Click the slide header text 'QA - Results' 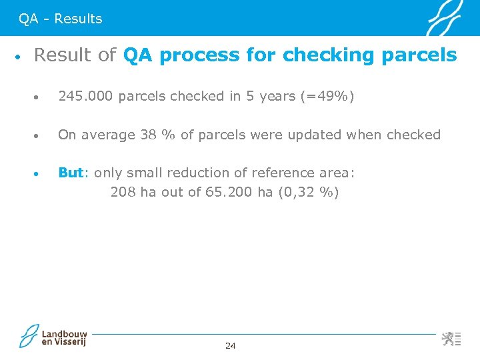(61, 19)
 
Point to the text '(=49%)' (327, 97)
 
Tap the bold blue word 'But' (71, 173)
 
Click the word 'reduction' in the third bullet (196, 173)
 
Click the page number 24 (231, 345)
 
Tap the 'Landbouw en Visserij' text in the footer (65, 337)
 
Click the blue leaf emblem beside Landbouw (29, 336)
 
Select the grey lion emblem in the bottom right (449, 338)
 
